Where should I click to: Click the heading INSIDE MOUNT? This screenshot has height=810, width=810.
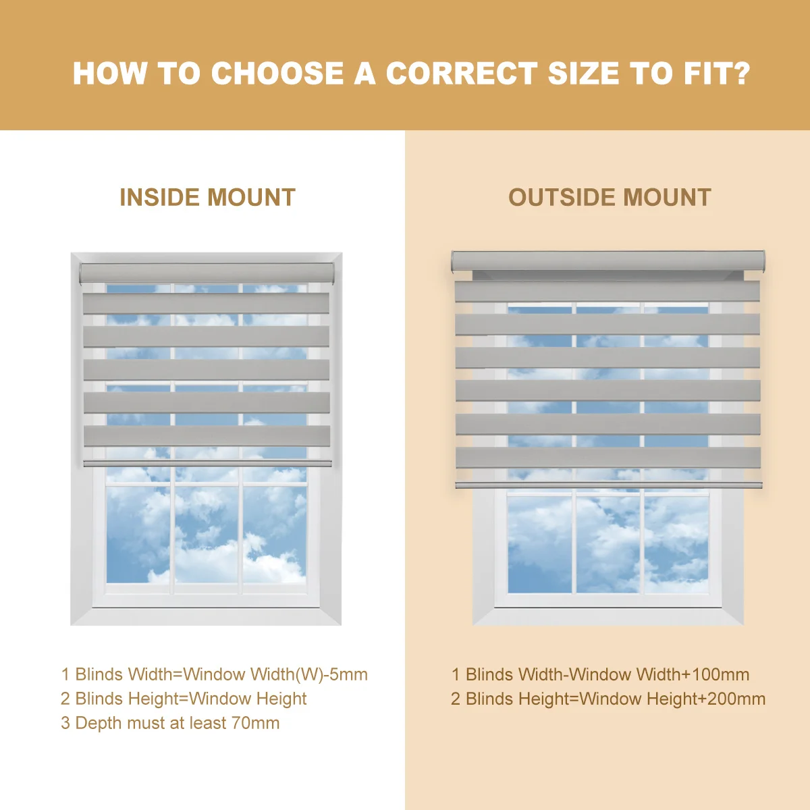[x=208, y=197]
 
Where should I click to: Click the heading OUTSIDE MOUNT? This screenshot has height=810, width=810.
[x=610, y=197]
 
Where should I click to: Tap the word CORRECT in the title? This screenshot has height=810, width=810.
[x=462, y=73]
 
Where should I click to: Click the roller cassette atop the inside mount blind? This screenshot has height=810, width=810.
[x=207, y=273]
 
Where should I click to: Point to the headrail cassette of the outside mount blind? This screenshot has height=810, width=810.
[x=607, y=261]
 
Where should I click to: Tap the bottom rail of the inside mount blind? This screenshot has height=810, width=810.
[x=208, y=463]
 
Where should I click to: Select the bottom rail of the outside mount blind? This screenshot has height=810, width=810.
[x=609, y=485]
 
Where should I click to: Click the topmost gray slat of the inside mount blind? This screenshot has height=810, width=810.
[x=206, y=304]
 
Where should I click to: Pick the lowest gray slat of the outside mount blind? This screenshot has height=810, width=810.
[x=608, y=458]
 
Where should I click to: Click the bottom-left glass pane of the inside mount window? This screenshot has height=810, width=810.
[x=138, y=535]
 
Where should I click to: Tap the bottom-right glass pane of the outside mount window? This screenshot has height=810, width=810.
[x=676, y=545]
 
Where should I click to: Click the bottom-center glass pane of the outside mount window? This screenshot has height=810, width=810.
[x=608, y=545]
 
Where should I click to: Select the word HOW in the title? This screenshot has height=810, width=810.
[x=110, y=73]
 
